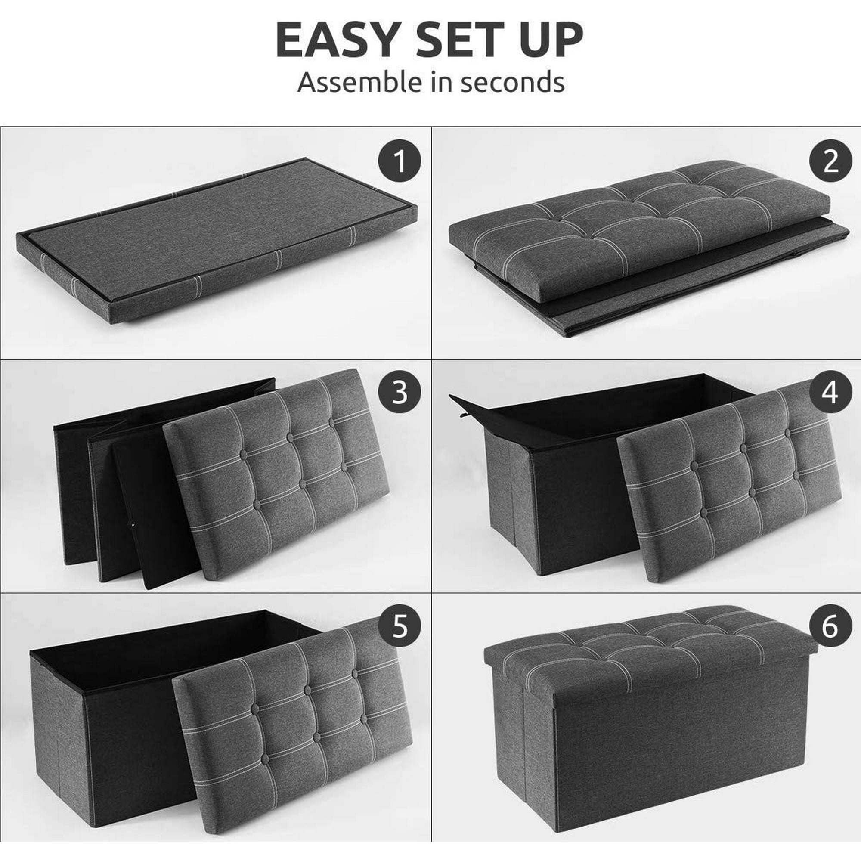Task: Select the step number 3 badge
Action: (400, 393)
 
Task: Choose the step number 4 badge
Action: (831, 393)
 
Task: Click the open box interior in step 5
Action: (174, 642)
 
